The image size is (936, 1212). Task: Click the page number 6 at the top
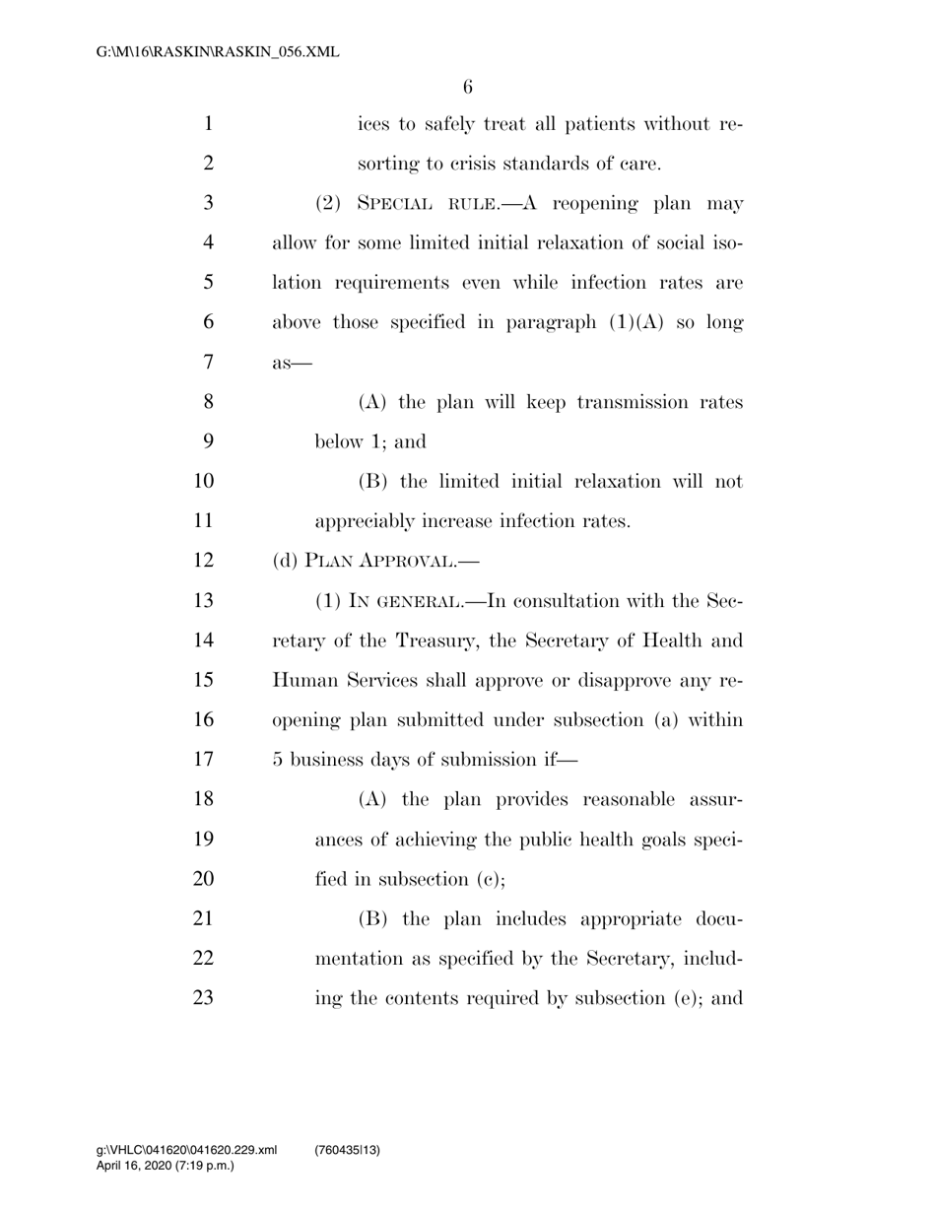tap(467, 87)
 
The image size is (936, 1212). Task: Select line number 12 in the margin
tap(203, 561)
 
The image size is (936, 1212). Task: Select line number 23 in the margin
tap(203, 997)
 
